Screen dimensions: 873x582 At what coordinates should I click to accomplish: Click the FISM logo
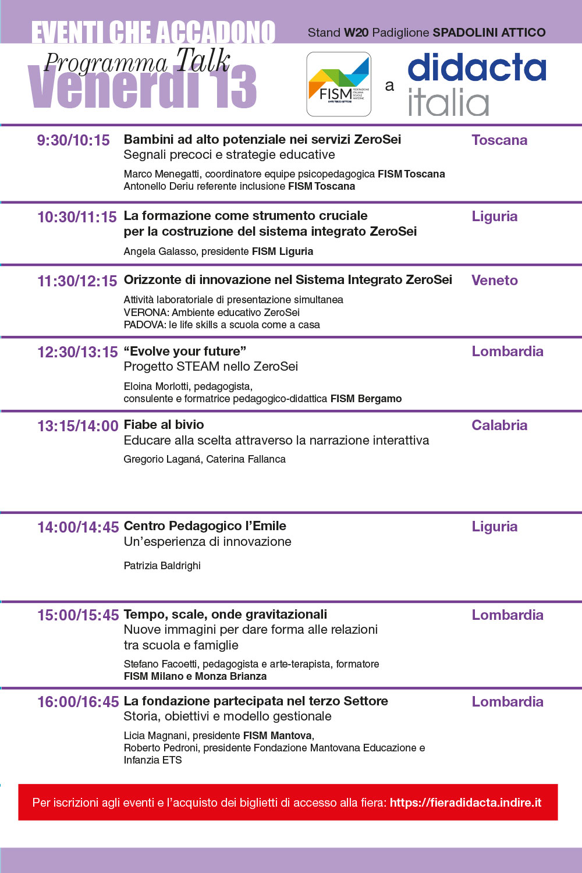point(339,84)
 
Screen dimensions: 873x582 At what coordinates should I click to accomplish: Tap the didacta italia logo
point(477,84)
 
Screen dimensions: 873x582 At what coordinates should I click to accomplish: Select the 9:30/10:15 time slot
point(73,140)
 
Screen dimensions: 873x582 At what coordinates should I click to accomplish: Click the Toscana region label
point(499,140)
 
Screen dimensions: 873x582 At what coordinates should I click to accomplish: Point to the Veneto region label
point(495,281)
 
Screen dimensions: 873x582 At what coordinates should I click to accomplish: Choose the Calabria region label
point(499,425)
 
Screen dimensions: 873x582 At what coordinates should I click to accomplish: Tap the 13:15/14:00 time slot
point(78,426)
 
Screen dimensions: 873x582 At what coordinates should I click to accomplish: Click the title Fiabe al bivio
point(164,425)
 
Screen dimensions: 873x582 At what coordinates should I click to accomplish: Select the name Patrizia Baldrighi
point(162,566)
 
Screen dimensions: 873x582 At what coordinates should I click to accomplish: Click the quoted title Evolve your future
point(184,352)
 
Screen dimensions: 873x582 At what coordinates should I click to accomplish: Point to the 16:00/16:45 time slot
point(78,702)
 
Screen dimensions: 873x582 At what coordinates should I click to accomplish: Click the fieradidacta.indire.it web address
point(466,803)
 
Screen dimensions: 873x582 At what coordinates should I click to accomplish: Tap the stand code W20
point(356,33)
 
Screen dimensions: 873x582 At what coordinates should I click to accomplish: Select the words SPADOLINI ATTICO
point(489,33)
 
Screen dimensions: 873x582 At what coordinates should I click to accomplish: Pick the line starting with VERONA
point(211,313)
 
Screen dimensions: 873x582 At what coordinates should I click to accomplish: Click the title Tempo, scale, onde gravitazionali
point(225,615)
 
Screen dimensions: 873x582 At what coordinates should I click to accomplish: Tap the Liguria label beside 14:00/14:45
point(495,527)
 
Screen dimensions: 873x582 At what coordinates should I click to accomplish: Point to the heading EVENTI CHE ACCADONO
point(153,33)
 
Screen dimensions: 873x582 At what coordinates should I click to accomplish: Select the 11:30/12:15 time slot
point(77,281)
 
